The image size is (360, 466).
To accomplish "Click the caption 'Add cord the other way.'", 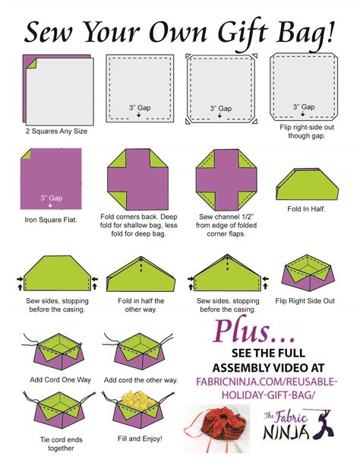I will (x=141, y=379).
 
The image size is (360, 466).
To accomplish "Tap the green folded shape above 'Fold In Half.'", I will (x=305, y=182).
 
